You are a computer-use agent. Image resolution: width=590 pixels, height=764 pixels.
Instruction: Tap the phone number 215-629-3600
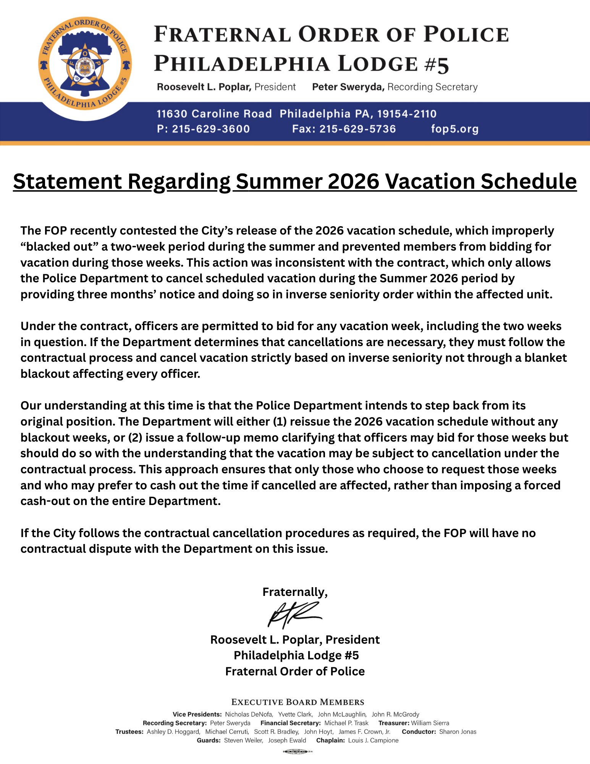point(211,129)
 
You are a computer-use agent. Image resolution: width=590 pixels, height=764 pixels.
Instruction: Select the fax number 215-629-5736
point(357,129)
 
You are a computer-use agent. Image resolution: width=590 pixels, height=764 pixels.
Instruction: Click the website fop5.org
point(454,129)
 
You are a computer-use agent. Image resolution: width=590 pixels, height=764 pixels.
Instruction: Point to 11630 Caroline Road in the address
point(214,114)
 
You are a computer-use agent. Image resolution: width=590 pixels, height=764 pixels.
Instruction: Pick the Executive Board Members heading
point(297,702)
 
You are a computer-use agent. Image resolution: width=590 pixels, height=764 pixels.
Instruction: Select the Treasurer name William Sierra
point(430,723)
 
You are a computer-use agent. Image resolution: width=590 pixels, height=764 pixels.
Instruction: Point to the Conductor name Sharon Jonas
point(457,732)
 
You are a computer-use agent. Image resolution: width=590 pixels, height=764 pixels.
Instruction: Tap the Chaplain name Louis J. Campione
point(373,741)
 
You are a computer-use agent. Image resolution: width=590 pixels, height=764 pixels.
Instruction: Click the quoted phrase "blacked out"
point(59,247)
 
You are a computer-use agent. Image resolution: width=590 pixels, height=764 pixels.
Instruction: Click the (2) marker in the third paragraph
point(135,438)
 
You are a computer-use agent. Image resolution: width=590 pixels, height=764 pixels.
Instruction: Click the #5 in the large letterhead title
point(436,64)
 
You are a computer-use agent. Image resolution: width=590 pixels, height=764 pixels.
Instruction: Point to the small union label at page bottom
point(298,752)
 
